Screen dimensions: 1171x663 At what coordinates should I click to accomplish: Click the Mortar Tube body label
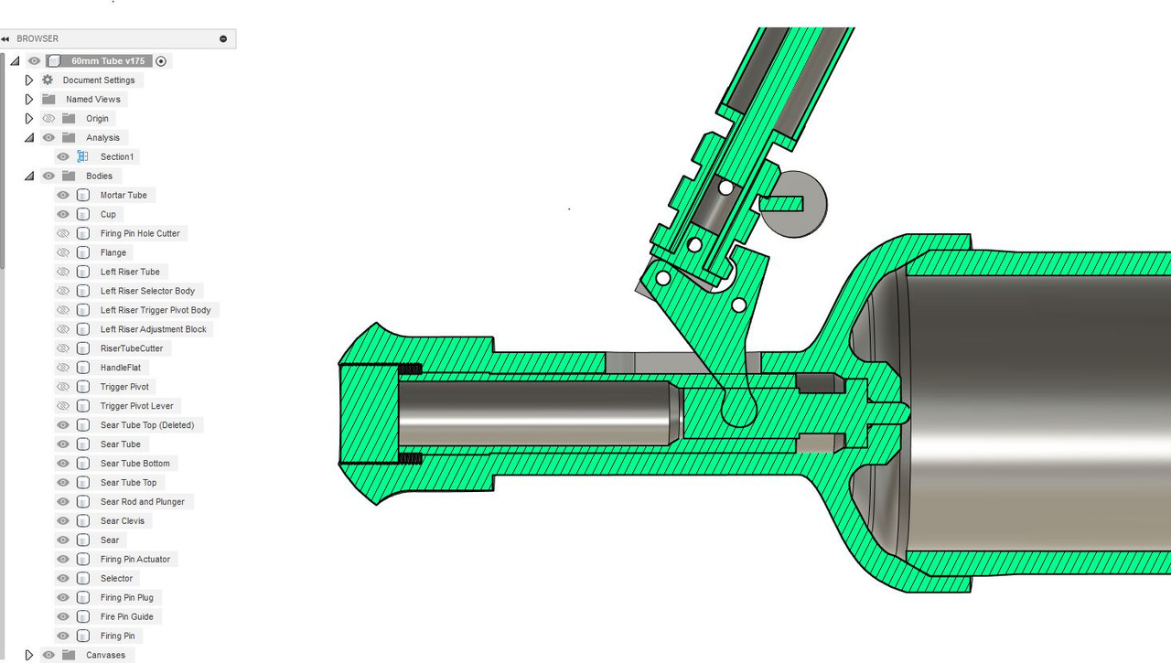124,195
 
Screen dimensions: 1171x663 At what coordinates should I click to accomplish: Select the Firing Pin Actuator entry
134,559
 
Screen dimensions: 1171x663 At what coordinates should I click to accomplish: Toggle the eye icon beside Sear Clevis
63,521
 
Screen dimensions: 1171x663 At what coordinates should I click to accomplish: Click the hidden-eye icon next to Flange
63,252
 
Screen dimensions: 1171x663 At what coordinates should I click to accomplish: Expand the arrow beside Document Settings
29,80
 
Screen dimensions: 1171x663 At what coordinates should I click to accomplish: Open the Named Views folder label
93,100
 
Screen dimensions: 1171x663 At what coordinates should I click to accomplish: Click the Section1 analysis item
117,156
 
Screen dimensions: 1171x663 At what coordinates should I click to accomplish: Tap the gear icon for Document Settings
48,80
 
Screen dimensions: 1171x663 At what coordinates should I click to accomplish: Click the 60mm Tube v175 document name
108,61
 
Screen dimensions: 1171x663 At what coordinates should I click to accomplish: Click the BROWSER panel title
38,38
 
